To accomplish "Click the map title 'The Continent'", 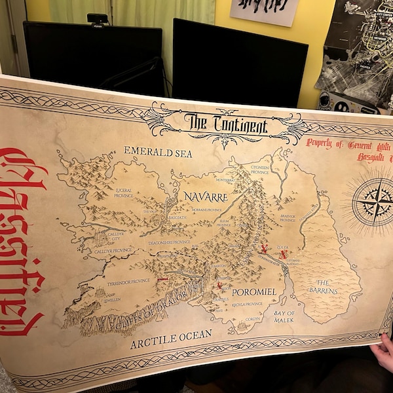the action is point(226,124).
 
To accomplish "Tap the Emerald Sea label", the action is point(158,152).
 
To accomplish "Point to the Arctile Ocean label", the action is point(171,338).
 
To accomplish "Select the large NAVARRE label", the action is point(206,196).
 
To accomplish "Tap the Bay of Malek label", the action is point(284,318).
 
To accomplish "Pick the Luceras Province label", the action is point(124,193).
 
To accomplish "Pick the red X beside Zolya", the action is point(284,254).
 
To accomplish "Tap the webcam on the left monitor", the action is point(98,19).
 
